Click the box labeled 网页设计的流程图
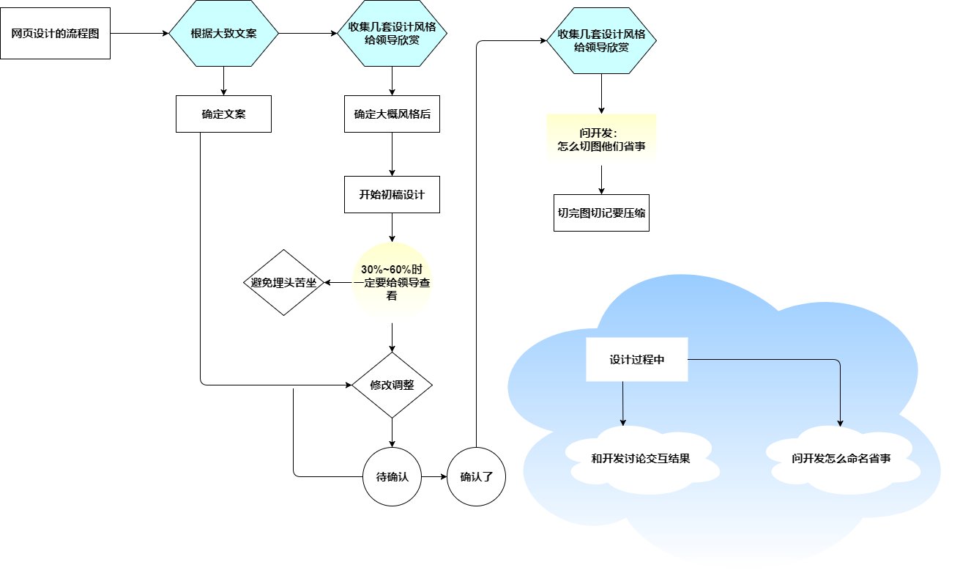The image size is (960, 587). click(56, 34)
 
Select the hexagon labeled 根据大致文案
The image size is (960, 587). click(223, 34)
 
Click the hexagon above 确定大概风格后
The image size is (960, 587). click(392, 34)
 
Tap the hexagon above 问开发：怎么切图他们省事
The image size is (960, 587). click(601, 41)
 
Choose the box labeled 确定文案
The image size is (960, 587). click(223, 114)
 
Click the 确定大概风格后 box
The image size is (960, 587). click(392, 114)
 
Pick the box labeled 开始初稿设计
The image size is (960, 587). click(392, 195)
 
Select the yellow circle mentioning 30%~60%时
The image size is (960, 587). click(392, 283)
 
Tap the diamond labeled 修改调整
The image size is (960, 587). click(392, 385)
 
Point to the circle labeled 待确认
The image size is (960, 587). click(392, 476)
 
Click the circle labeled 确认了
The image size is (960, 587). click(477, 476)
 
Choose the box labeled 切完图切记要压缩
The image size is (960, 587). click(601, 213)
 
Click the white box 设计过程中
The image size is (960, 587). click(637, 360)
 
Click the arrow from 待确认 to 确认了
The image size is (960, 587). click(434, 476)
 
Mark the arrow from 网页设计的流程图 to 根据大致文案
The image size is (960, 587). click(139, 34)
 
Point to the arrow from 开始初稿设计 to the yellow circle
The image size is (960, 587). click(392, 227)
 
